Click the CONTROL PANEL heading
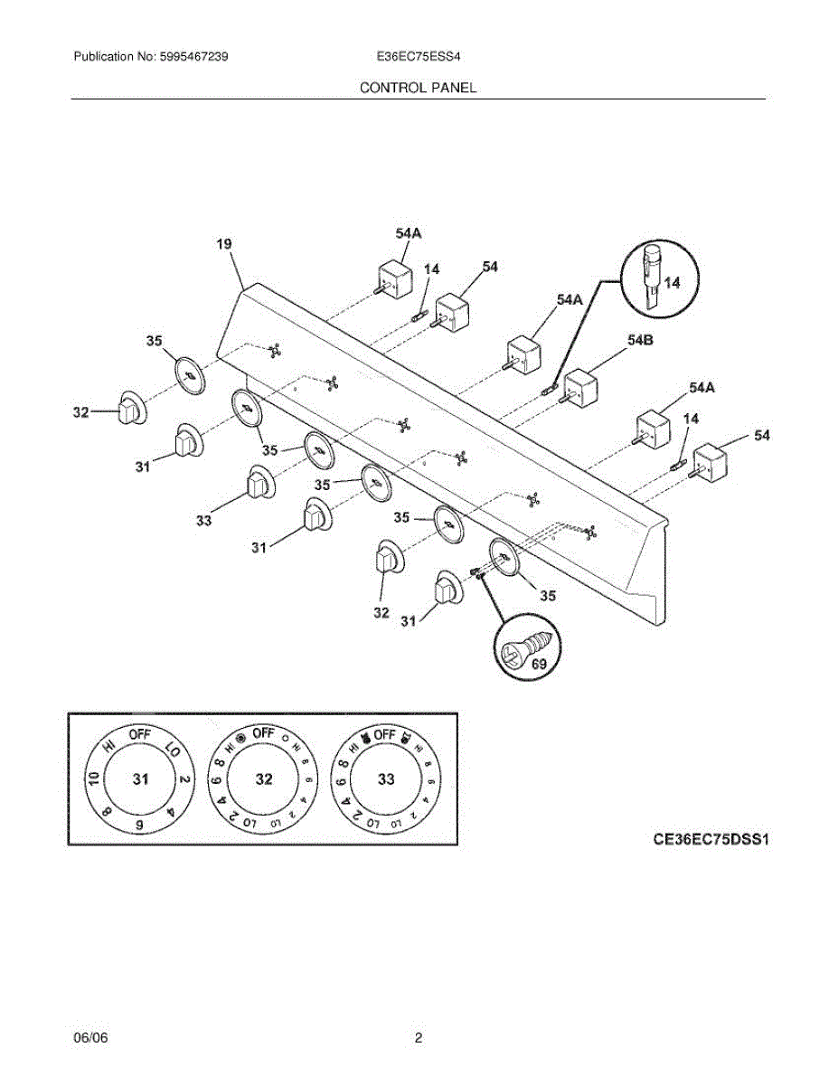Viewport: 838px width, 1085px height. point(418,88)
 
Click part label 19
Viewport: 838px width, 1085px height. point(224,243)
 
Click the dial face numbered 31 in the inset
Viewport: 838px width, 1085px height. point(140,779)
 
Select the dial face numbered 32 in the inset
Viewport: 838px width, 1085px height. point(263,779)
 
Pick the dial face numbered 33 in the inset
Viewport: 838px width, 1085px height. point(386,779)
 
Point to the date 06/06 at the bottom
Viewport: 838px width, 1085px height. point(90,1039)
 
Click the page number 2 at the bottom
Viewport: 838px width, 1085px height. point(419,1039)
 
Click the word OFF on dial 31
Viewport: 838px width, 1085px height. point(139,734)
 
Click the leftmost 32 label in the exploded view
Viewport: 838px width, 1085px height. point(80,413)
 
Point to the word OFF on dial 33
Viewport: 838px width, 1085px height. point(385,734)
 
